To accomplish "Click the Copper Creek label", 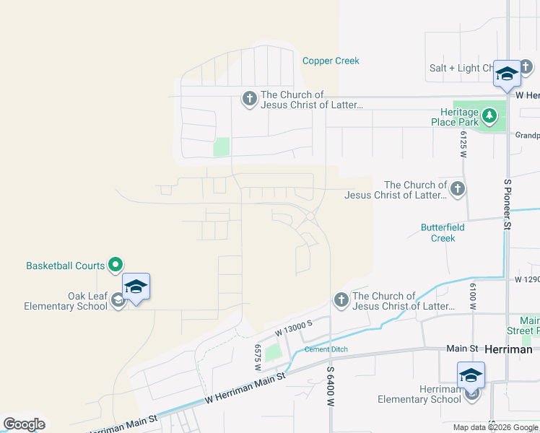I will tap(331, 61).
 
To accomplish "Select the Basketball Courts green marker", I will tap(116, 266).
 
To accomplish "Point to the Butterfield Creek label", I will tap(438, 232).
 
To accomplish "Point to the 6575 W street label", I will tap(257, 357).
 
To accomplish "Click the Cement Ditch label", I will tap(326, 349).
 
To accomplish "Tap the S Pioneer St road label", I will tap(508, 205).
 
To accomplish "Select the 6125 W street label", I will tap(463, 144).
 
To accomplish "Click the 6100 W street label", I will tap(474, 297).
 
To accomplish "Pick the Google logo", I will tap(24, 424).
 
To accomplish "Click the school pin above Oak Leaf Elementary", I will tap(136, 287).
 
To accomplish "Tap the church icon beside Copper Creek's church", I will tap(249, 99).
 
